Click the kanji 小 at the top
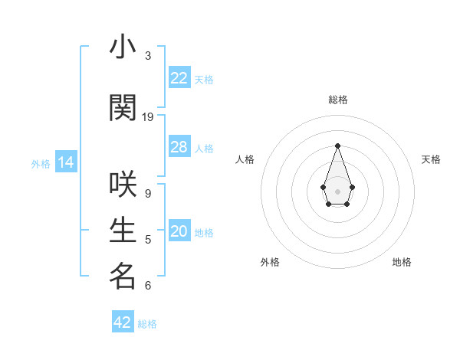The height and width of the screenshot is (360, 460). [123, 47]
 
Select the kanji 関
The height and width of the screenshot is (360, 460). [123, 109]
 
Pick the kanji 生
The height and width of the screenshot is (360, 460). [123, 231]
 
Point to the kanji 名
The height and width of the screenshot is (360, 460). [123, 277]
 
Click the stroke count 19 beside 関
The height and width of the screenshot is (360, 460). [148, 117]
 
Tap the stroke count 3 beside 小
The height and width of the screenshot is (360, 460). [148, 56]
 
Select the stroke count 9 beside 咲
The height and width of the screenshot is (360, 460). [148, 194]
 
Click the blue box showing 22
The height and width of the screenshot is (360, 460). [179, 78]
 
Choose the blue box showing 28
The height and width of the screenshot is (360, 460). [179, 147]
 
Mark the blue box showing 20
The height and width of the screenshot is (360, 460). [179, 232]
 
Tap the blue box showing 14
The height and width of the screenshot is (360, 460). [66, 162]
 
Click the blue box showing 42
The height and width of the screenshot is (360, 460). [123, 322]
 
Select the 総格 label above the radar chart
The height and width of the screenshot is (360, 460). [337, 100]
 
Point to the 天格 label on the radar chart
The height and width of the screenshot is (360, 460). [431, 159]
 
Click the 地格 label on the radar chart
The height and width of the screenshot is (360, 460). [402, 262]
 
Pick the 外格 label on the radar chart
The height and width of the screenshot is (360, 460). [270, 262]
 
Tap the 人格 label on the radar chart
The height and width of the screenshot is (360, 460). [245, 159]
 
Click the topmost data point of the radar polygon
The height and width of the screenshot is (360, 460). [337, 146]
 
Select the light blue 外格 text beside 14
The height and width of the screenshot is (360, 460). [41, 163]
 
